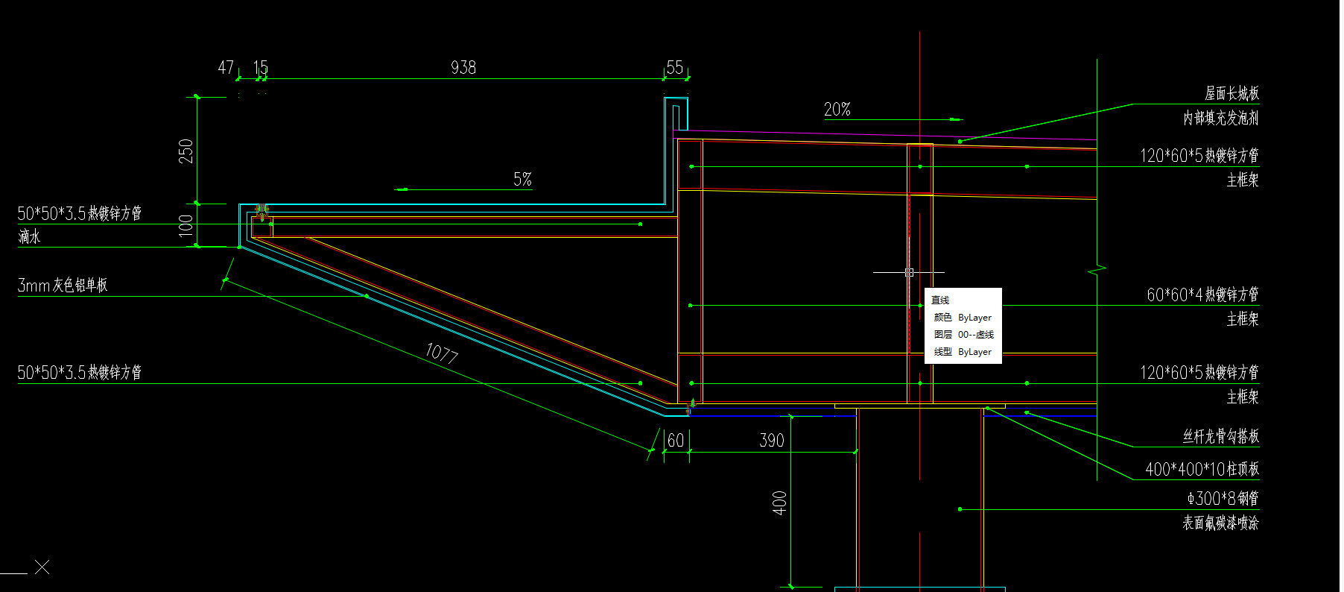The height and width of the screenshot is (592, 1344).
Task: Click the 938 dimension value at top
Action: tap(463, 68)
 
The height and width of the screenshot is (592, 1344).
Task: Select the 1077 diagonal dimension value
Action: tap(441, 352)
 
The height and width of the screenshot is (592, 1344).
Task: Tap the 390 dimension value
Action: tap(771, 441)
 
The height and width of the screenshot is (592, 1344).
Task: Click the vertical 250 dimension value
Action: tap(186, 151)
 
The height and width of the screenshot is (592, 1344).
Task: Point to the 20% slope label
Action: tap(837, 110)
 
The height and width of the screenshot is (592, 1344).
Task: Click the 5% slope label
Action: tap(522, 179)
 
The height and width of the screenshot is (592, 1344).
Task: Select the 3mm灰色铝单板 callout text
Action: tap(63, 285)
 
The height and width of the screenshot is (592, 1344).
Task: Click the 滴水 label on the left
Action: tap(29, 237)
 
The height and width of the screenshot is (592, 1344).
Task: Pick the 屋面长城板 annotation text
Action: tap(1232, 93)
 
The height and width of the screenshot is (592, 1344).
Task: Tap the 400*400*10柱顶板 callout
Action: tap(1202, 469)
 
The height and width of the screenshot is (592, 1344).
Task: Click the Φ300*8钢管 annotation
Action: tap(1223, 498)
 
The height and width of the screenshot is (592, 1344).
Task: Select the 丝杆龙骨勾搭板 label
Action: tap(1220, 436)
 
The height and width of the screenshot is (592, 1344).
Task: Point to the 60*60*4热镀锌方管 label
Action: tap(1202, 295)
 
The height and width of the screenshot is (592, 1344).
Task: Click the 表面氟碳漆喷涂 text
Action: tap(1220, 523)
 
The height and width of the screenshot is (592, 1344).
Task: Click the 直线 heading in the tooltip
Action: tap(940, 300)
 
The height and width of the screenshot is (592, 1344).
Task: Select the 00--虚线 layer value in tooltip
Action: tap(975, 334)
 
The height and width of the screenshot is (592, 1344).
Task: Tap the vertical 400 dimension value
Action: tap(779, 503)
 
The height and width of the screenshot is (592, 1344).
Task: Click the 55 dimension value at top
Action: tap(674, 68)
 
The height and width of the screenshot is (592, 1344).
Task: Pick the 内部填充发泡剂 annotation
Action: tap(1220, 118)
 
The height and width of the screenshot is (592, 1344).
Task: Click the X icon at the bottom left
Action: tap(42, 567)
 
